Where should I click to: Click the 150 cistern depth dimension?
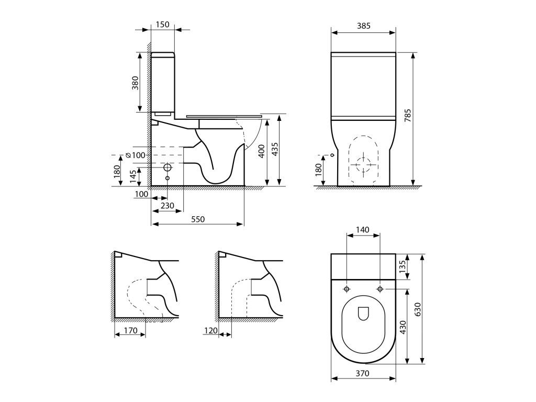click(162, 24)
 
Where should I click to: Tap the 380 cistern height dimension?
click(136, 83)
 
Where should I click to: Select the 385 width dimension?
click(363, 26)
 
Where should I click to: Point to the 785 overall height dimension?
click(407, 116)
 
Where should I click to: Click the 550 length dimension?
click(197, 219)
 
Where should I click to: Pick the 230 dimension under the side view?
click(167, 205)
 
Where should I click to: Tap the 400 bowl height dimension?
click(262, 151)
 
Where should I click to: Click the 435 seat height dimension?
click(275, 149)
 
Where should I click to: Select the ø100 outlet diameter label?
click(136, 155)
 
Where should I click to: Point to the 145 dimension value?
click(133, 176)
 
